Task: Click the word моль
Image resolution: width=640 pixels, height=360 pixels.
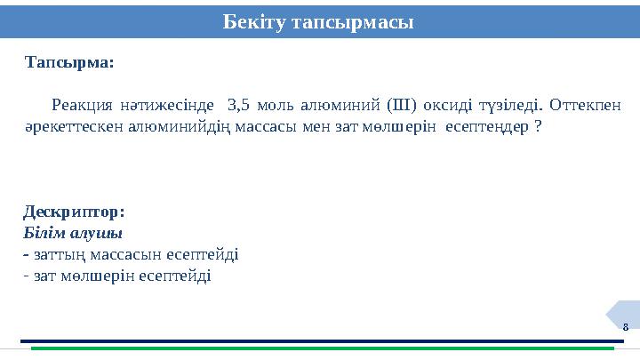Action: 284,104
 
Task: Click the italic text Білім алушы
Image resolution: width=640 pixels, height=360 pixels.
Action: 73,233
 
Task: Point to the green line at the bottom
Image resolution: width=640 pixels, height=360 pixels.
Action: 320,348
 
